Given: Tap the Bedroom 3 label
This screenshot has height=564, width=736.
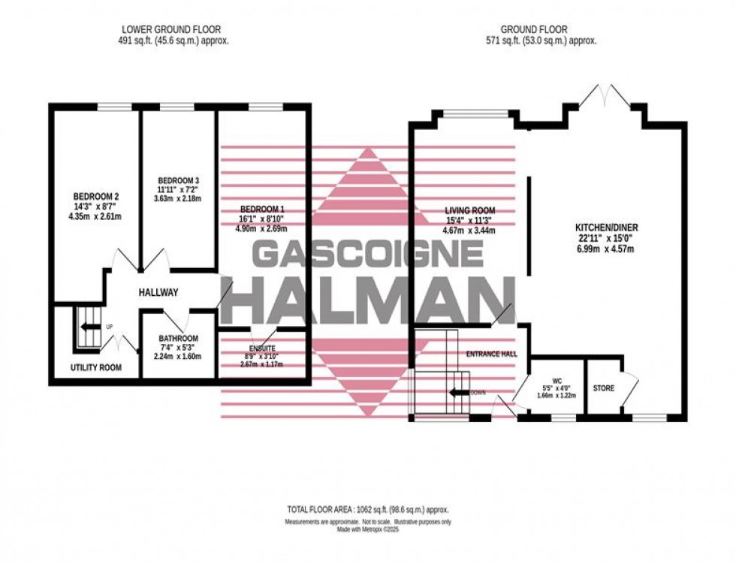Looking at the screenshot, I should click(178, 180).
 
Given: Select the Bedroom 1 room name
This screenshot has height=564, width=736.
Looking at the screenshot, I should click(262, 208).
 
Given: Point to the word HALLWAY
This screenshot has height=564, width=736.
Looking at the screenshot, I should click(158, 293).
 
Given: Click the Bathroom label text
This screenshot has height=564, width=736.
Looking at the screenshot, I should click(178, 338).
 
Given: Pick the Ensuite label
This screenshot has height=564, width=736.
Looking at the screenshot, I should click(262, 348).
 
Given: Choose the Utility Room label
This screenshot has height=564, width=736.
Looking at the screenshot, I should click(96, 368).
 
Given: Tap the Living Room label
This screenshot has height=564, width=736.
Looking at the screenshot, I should click(470, 210).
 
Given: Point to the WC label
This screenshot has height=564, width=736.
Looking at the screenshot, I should click(557, 379).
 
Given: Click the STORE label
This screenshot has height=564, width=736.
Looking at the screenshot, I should click(603, 388).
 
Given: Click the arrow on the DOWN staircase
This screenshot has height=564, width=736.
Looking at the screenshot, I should click(457, 392).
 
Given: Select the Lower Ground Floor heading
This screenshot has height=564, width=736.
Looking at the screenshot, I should click(175, 30).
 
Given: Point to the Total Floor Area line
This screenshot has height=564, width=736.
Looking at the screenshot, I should click(367, 508).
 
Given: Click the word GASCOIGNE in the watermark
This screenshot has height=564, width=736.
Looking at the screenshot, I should click(367, 255).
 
